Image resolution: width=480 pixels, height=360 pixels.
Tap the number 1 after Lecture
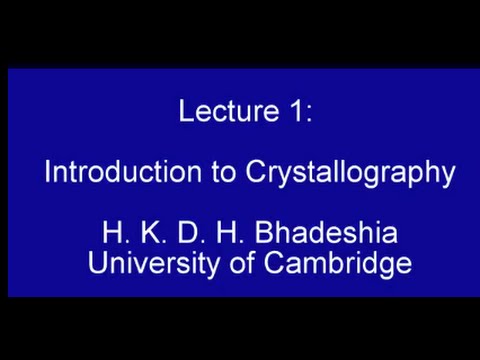coord(299,111)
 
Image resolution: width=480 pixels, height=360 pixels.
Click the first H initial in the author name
coord(112,234)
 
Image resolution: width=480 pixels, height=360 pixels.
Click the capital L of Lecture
coord(186,111)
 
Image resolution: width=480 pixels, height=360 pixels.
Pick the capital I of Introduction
coord(47,172)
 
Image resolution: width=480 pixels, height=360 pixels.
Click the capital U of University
coord(97,263)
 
